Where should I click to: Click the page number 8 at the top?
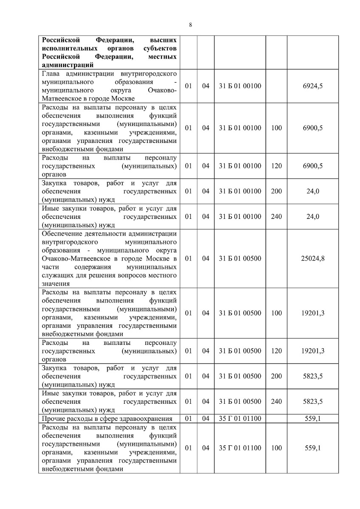[191, 25]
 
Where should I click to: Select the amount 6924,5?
[313, 86]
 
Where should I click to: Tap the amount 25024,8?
[313, 258]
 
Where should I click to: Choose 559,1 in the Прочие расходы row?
[313, 419]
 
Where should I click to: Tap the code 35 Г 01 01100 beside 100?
[240, 448]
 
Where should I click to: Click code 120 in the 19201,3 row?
[276, 351]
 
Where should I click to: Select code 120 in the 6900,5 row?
[276, 166]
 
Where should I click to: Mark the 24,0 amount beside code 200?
[313, 191]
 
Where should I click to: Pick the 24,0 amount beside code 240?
[313, 216]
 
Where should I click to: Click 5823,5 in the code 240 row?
[313, 401]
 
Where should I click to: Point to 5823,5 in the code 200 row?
[313, 376]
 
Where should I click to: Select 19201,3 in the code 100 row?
[313, 313]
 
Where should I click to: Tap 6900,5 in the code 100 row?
[313, 128]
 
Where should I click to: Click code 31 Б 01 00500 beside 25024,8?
[240, 258]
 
